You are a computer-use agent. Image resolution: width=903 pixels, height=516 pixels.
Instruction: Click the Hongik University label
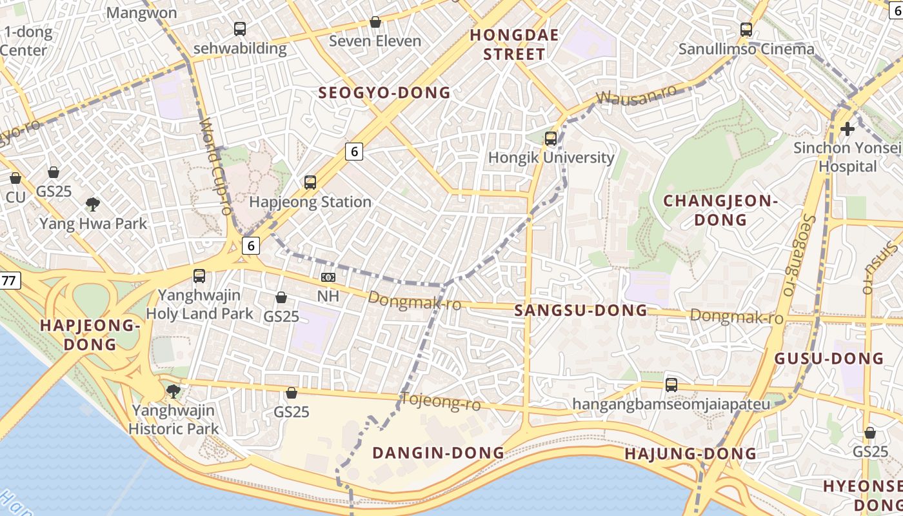pos(551,157)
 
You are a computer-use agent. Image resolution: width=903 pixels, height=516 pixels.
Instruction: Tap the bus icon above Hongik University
pos(551,138)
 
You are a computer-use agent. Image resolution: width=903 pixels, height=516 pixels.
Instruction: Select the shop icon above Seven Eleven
pos(375,23)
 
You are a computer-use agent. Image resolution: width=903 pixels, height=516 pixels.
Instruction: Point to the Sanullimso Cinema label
pos(746,49)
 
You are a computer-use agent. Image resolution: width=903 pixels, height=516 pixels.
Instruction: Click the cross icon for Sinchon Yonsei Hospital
pos(848,129)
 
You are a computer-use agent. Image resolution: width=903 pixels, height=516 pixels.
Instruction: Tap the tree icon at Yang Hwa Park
pos(93,205)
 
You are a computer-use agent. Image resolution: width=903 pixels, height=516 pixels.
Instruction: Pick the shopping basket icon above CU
pos(15,178)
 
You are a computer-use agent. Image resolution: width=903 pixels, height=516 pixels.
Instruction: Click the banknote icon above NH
pos(328,277)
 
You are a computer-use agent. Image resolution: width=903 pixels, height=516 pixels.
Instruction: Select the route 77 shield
pos(9,281)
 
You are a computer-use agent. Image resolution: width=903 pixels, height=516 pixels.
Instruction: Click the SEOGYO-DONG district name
pos(384,93)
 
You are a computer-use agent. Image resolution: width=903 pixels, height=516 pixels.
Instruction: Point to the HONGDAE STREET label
pos(514,45)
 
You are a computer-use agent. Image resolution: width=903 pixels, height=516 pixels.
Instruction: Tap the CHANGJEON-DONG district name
pos(720,210)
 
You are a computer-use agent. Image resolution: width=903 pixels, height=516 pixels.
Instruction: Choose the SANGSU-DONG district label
pos(580,310)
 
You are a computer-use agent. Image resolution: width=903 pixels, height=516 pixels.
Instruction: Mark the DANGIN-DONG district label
pos(439,453)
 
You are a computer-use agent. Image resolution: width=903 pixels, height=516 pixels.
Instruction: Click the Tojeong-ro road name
pos(441,401)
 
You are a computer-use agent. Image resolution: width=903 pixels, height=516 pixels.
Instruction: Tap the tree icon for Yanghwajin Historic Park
pos(173,391)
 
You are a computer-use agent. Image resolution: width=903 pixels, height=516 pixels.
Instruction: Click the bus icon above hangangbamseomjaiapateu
pos(671,385)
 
